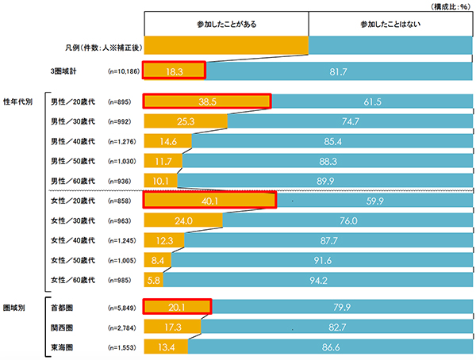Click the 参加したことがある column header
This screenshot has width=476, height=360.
click(x=225, y=25)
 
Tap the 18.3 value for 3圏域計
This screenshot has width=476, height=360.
click(x=175, y=71)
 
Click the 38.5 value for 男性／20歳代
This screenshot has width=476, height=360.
click(x=208, y=102)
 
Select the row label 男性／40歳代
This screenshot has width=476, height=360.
click(x=72, y=141)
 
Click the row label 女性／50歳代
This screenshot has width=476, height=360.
click(x=72, y=260)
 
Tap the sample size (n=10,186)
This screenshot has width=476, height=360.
click(x=123, y=71)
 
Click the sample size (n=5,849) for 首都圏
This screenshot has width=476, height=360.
click(x=123, y=306)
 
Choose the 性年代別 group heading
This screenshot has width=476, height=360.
click(x=17, y=102)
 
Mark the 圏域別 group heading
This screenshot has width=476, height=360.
click(x=15, y=306)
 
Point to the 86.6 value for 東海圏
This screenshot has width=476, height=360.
click(x=332, y=346)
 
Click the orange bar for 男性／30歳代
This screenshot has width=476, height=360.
click(x=186, y=121)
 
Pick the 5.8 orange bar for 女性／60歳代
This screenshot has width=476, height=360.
click(x=151, y=280)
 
